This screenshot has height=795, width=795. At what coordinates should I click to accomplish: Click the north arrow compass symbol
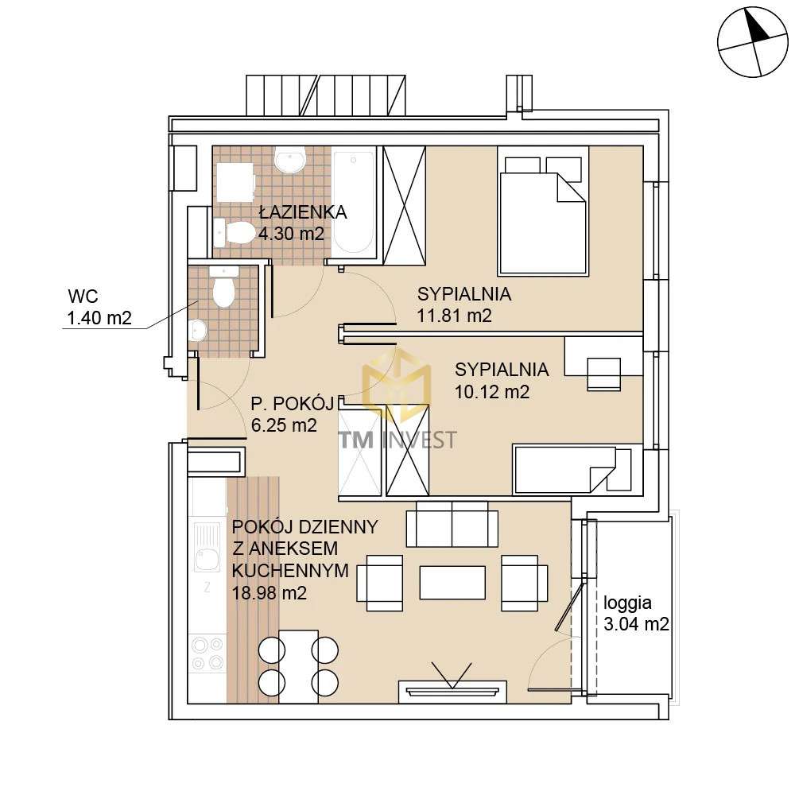click(x=753, y=42)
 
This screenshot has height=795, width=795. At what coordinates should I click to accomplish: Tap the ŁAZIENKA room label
click(x=303, y=211)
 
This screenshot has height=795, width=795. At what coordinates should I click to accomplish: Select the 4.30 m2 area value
click(x=291, y=234)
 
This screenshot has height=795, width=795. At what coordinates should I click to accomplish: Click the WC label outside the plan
click(x=83, y=296)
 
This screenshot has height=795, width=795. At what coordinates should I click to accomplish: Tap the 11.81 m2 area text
click(x=454, y=316)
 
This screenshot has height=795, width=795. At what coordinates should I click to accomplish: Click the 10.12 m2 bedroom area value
click(x=492, y=391)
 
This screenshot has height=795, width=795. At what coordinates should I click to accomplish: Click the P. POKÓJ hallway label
click(x=293, y=404)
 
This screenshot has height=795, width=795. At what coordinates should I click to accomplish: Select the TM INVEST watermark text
click(x=397, y=440)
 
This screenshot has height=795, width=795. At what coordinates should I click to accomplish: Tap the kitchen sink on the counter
click(x=207, y=548)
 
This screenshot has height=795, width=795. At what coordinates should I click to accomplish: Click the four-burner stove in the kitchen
click(x=207, y=653)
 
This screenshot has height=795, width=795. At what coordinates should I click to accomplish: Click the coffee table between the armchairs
click(x=452, y=583)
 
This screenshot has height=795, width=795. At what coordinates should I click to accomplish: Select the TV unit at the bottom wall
click(x=452, y=692)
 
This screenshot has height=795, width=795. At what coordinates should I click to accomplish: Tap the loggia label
click(x=627, y=603)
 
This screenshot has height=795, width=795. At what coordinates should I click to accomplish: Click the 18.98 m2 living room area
click(x=270, y=593)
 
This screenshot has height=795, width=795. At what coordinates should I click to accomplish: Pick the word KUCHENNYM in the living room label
click(x=290, y=570)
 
